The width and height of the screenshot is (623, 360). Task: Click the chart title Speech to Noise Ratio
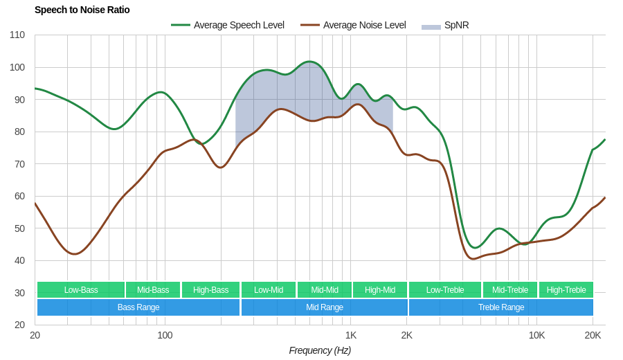82,10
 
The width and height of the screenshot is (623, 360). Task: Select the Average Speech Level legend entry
228,25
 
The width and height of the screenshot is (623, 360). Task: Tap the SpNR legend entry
445,25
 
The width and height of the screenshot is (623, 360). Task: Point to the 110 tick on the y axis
17,35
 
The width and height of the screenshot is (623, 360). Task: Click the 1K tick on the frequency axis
351,335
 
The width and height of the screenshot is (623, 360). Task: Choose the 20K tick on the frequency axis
593,335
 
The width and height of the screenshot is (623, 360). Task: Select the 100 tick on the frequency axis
165,335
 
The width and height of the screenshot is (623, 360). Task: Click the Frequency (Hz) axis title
320,350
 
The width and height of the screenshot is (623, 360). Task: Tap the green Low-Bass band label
81,290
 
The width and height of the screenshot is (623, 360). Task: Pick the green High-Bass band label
210,290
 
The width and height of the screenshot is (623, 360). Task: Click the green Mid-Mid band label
325,290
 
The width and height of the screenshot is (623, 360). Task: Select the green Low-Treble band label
445,290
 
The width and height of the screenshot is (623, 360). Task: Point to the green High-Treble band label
566,290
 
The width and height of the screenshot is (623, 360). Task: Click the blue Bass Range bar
138,307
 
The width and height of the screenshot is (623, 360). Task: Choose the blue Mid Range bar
325,307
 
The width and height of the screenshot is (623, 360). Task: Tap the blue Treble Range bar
501,307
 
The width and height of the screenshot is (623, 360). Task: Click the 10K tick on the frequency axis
536,335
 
